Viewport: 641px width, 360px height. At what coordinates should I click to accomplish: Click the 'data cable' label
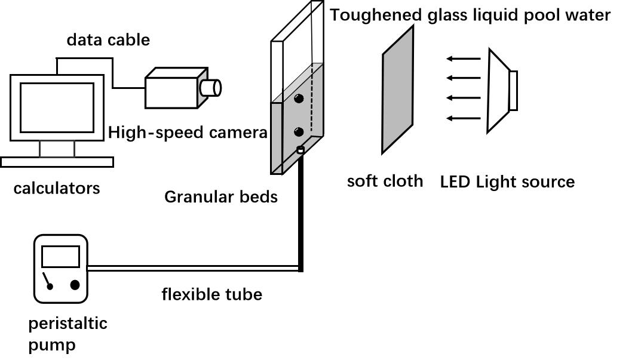click(108, 40)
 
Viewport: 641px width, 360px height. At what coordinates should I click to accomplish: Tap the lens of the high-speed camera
click(211, 88)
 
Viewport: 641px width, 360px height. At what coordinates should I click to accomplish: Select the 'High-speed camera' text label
click(188, 133)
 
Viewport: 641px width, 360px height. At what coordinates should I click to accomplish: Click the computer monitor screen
click(57, 107)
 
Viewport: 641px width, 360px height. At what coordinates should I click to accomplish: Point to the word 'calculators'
click(57, 189)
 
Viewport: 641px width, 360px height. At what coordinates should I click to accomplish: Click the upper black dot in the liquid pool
click(299, 98)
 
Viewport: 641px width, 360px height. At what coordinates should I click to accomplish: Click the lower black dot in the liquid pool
click(299, 131)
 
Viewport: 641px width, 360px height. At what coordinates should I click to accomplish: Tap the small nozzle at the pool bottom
click(300, 150)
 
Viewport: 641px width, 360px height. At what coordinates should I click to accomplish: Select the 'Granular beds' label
click(221, 196)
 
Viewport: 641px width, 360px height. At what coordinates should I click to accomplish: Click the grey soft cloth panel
click(398, 90)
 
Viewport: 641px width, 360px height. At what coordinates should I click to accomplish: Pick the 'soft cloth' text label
click(385, 181)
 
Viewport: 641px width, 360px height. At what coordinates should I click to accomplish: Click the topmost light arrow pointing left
click(464, 59)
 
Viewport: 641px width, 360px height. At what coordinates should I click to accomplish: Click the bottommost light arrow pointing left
click(464, 118)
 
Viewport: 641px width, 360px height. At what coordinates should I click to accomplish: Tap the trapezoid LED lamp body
click(499, 90)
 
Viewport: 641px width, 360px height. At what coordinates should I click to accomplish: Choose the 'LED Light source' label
click(507, 182)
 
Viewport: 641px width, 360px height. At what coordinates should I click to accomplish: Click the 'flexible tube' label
click(211, 294)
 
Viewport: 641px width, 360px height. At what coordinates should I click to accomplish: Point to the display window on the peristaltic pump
click(60, 257)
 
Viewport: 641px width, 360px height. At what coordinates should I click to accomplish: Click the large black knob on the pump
click(75, 285)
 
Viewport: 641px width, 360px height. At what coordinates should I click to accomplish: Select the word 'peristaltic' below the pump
click(68, 324)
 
